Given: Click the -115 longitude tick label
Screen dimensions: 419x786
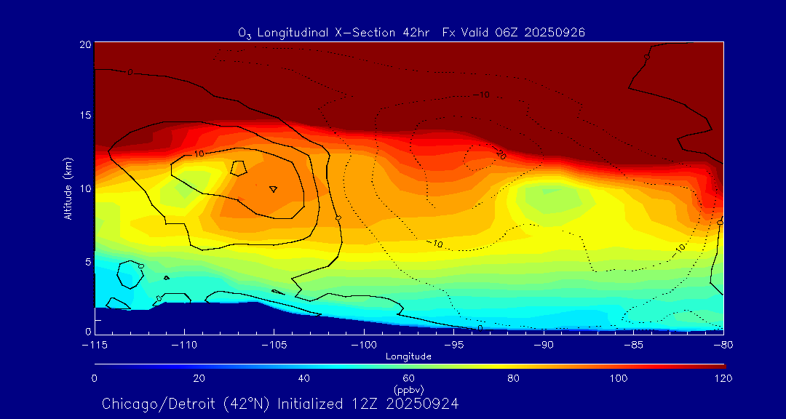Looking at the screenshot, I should point(95,343).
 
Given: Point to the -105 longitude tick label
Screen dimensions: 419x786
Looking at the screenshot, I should point(274,343).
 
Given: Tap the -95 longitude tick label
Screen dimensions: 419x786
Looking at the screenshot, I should point(453,343).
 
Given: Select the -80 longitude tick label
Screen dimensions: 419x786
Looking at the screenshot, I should point(722,343).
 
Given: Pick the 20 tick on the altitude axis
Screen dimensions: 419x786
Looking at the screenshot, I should point(84,44).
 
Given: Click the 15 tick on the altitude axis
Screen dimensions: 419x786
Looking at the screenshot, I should point(84,116).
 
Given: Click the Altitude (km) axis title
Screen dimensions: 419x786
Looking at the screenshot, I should point(68,188).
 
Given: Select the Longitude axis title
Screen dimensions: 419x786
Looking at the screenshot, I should point(408,356).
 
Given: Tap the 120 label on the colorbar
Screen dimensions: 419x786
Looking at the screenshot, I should point(723,378).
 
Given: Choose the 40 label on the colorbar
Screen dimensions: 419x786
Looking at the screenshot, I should point(304,378).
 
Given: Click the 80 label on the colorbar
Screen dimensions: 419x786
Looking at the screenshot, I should point(515,378).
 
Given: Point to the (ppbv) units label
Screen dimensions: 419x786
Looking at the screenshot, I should point(409,390).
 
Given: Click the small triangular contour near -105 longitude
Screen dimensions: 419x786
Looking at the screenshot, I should point(273,188).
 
